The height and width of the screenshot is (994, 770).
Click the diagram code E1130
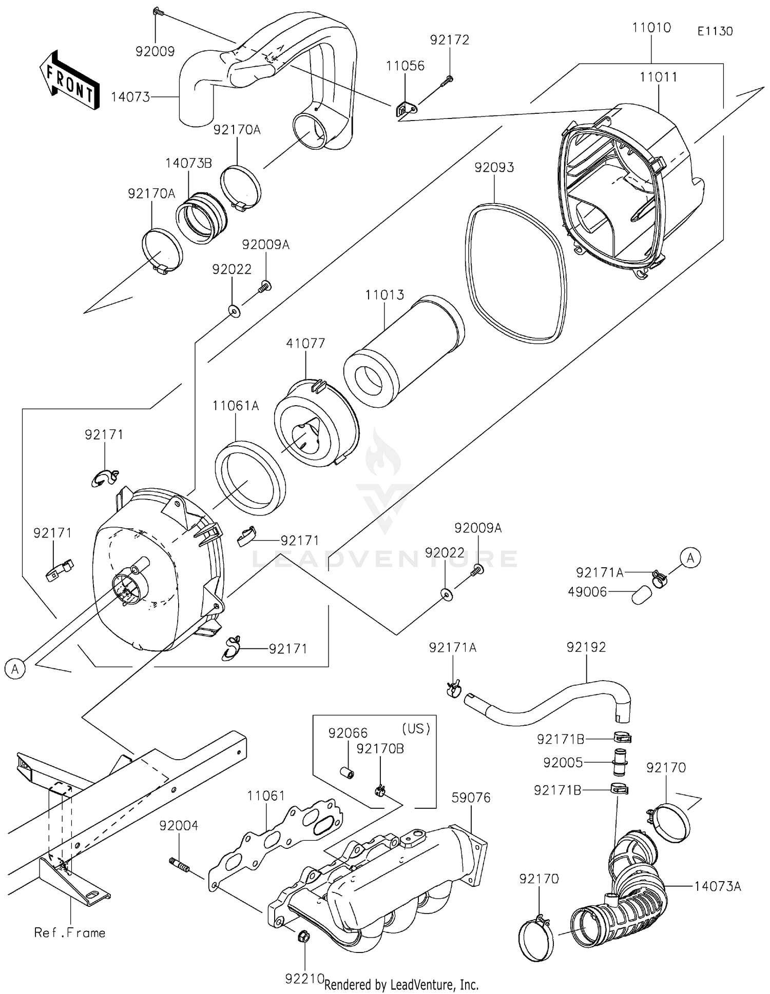point(715,31)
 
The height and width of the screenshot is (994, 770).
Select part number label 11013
point(384,295)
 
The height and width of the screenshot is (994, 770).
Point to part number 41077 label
point(306,343)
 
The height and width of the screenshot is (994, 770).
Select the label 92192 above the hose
point(586,647)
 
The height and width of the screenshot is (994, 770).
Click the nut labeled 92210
point(303,952)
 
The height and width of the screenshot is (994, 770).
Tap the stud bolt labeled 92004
point(180,866)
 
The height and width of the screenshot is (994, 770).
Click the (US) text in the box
point(416,729)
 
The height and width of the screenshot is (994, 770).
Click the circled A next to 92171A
point(690,558)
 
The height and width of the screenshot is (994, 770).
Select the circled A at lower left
point(15,669)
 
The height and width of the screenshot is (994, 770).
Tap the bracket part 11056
point(406,109)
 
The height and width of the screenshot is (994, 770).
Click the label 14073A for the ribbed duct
point(718,886)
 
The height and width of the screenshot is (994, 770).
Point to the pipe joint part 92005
point(620,762)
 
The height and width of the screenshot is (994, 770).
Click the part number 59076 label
point(471,798)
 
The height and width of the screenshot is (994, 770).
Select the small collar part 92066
point(346,772)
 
